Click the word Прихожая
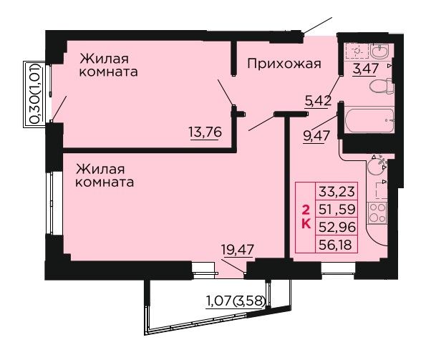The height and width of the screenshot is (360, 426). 284,64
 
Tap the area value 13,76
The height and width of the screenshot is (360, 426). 205,132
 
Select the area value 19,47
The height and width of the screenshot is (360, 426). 238,250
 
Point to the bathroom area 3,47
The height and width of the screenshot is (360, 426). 365,68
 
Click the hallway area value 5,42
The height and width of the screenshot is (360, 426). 318,101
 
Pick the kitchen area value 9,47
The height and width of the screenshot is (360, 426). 316,135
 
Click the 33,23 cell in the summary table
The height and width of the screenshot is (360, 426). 337,191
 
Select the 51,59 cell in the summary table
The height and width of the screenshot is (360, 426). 337,209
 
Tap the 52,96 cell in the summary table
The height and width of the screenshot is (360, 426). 337,226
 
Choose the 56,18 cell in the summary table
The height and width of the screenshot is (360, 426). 337,244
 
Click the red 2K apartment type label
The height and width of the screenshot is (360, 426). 306,217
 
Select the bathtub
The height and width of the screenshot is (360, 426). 369,120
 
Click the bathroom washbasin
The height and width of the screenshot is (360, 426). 380,52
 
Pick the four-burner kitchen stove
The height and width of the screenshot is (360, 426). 377,213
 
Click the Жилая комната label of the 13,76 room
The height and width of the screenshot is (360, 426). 108,65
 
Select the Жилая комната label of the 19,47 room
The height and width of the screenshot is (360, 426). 105,176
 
